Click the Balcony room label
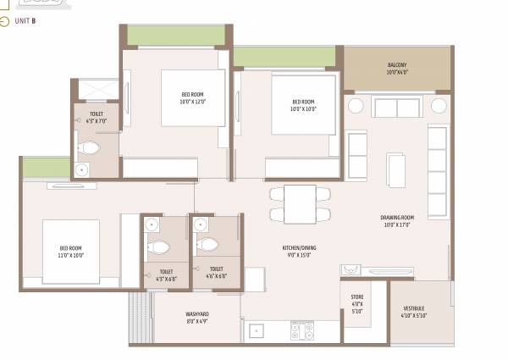point(397,65)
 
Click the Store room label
point(356,297)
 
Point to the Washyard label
point(197,314)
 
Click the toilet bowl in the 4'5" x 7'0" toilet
point(89,149)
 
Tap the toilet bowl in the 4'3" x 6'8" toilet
point(159,247)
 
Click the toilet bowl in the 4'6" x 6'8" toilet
point(206,246)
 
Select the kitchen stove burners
point(302,330)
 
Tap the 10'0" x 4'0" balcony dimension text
point(397,73)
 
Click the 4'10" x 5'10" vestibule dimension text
point(415,316)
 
